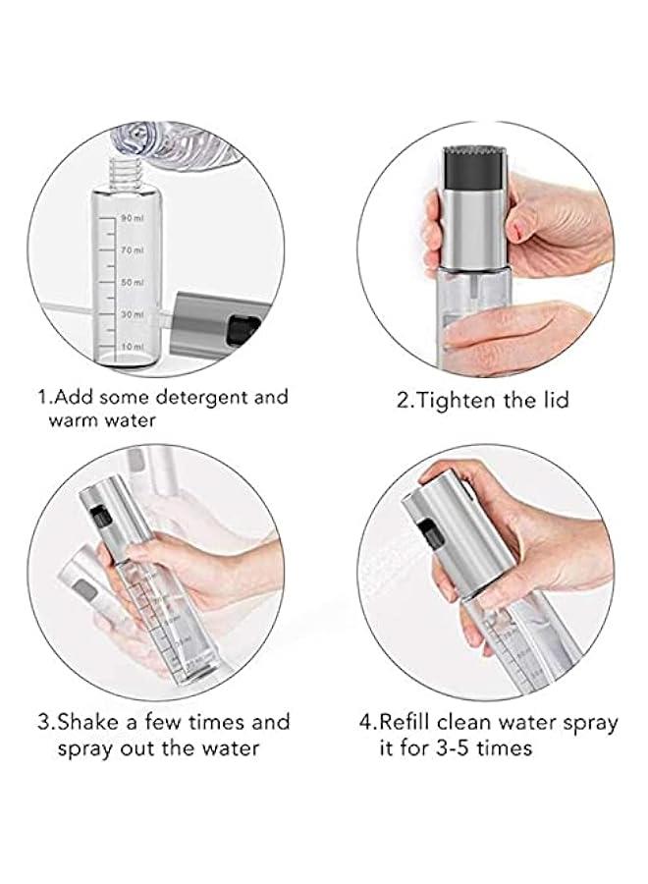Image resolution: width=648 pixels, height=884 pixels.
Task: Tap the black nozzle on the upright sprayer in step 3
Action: (x=97, y=513)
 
